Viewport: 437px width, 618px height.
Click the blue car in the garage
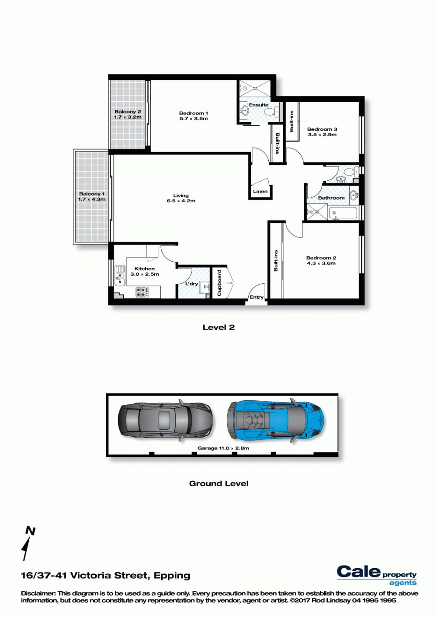[276, 420]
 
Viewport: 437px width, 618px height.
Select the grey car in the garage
[165, 420]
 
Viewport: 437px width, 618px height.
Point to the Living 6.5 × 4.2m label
[181, 198]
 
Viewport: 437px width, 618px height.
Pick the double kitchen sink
[120, 275]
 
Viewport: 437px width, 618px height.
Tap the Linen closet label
[260, 191]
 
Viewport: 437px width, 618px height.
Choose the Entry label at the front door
[257, 297]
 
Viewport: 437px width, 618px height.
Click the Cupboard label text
[219, 283]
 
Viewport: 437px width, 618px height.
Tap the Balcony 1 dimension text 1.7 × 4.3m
[92, 199]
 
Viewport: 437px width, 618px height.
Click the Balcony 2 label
[128, 111]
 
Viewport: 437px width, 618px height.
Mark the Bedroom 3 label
[322, 129]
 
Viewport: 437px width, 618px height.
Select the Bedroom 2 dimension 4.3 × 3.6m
[321, 263]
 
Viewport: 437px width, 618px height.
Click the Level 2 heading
[218, 327]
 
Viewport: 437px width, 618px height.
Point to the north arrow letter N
[30, 531]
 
